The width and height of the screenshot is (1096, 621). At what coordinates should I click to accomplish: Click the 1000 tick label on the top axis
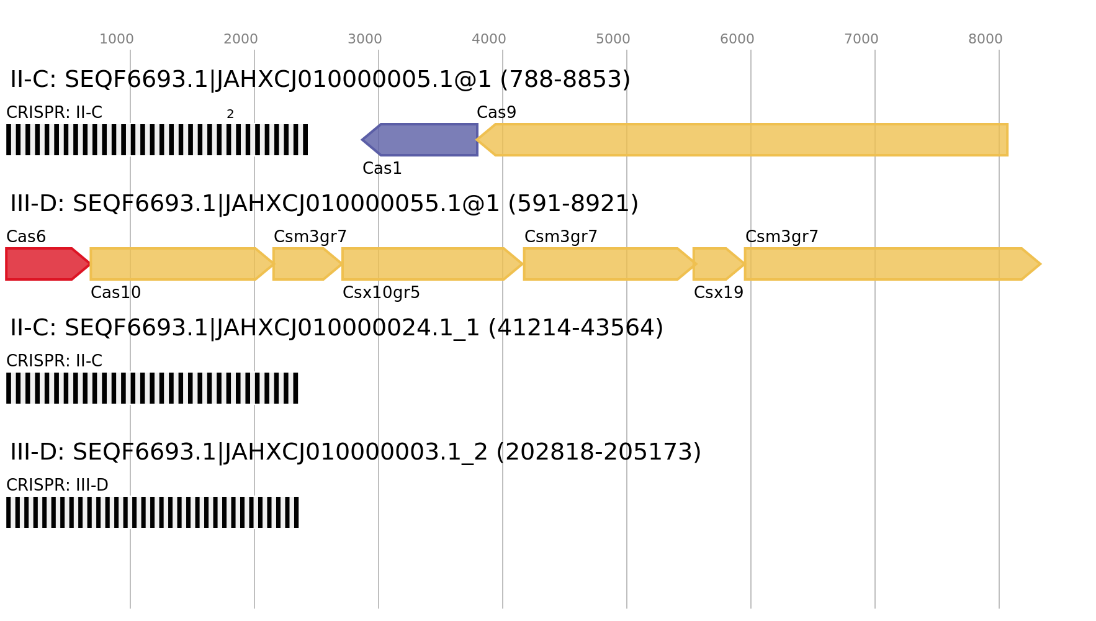coord(117,39)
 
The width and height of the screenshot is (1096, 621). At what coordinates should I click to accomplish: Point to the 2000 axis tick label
coord(241,39)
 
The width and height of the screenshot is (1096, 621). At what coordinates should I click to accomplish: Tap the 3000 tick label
coord(365,39)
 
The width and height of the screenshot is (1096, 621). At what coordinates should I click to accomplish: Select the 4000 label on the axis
coord(489,39)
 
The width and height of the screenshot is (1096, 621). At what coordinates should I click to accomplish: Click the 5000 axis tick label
coord(613,39)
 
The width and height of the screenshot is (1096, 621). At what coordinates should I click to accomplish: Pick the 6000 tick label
coord(737,39)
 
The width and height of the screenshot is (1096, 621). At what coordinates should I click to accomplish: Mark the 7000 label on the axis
coord(861,39)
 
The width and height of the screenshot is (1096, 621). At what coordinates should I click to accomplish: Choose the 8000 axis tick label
coord(986,39)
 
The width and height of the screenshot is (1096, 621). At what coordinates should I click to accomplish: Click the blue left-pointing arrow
coord(422,140)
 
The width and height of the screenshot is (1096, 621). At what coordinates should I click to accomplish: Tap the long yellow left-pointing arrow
coord(745,140)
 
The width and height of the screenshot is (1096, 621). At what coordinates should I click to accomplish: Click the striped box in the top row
coord(157,140)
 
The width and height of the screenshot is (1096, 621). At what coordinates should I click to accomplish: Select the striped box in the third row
coord(152,388)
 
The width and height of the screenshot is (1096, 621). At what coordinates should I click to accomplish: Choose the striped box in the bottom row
coord(153,512)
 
